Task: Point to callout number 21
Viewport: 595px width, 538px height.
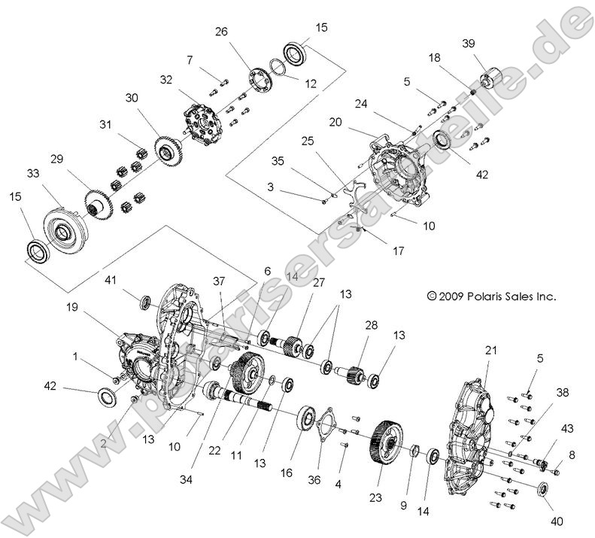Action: (x=491, y=330)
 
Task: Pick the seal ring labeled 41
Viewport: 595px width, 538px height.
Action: (x=147, y=302)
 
